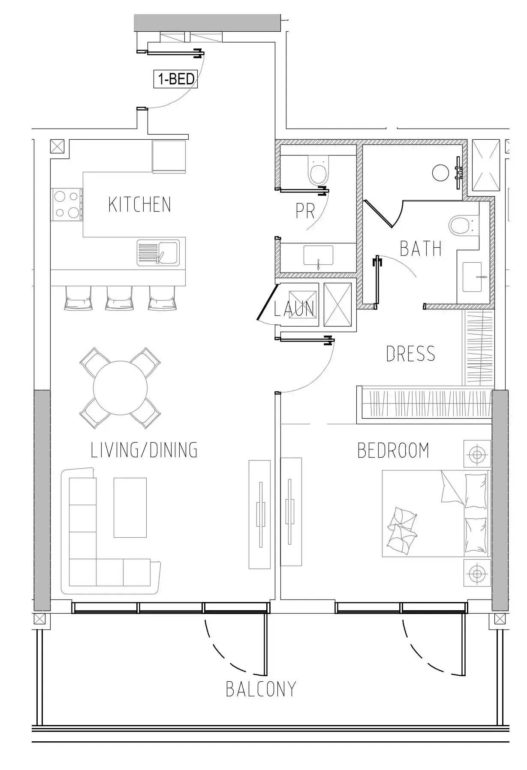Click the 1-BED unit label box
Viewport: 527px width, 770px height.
(176, 79)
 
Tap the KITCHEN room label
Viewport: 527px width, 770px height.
(140, 204)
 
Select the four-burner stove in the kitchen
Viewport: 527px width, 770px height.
(67, 204)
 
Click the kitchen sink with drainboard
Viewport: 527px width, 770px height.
(158, 253)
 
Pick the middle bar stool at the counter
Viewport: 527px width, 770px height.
(119, 297)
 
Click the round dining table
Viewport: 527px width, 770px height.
(120, 388)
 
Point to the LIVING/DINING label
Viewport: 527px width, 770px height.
(144, 450)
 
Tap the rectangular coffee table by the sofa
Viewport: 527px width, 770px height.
(130, 507)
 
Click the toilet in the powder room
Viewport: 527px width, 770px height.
(319, 169)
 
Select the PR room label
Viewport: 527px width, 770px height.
(305, 211)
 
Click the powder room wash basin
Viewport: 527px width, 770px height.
(318, 256)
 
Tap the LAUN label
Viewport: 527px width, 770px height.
(295, 308)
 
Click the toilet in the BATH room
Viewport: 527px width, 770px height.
(464, 224)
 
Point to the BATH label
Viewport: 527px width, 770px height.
(421, 249)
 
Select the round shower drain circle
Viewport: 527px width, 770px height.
(440, 173)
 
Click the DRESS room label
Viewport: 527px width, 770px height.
(411, 354)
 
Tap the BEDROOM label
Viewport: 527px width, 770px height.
(393, 450)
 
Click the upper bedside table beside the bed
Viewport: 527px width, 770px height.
(477, 453)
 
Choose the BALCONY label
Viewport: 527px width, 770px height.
(261, 689)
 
